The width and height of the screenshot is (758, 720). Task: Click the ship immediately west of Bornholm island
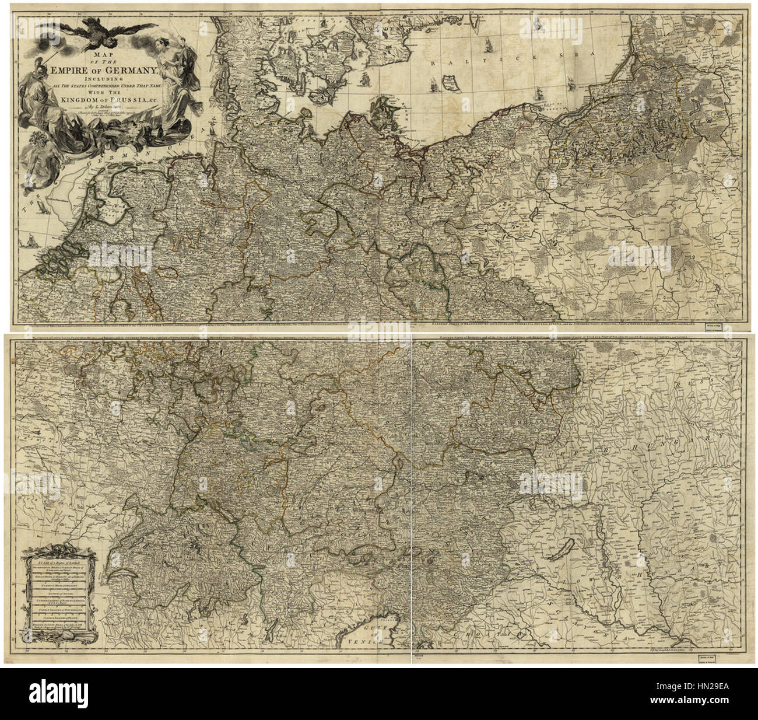[x=434, y=85]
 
